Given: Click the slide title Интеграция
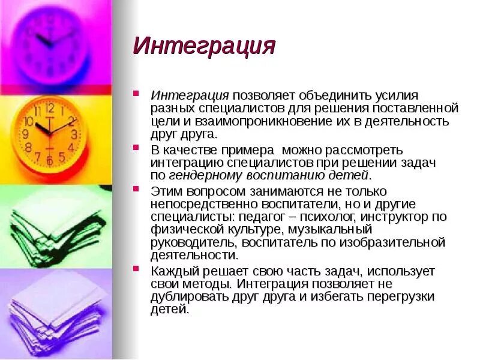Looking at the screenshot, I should coord(204,46).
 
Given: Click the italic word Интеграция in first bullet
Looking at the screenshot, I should coord(190,95).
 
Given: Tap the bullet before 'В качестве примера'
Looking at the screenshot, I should coord(137,148).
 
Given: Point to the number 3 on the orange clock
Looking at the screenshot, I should coord(73,134).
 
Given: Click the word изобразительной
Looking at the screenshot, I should coord(395,242).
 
